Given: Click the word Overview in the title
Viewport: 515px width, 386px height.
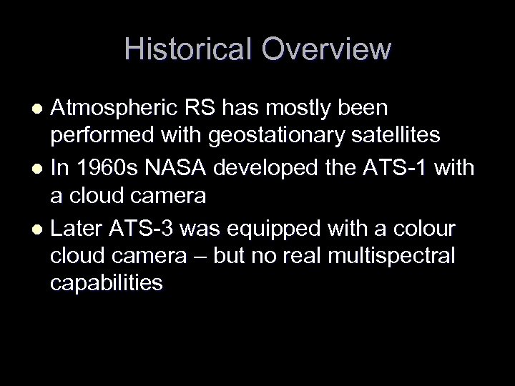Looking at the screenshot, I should coord(326,49).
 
